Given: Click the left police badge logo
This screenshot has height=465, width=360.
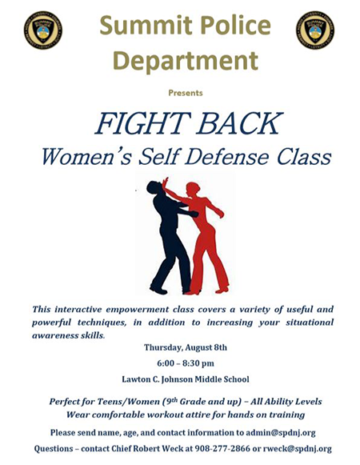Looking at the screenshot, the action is pyautogui.click(x=43, y=30).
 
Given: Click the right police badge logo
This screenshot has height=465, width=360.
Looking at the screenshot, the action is pyautogui.click(x=315, y=30).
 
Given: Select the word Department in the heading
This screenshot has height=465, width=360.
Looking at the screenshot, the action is pyautogui.click(x=186, y=60).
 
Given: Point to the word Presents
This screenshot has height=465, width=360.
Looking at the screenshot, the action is pyautogui.click(x=186, y=93).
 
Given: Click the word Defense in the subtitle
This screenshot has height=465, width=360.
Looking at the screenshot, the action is pyautogui.click(x=226, y=156).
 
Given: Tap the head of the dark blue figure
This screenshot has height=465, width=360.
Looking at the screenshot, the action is pyautogui.click(x=154, y=187).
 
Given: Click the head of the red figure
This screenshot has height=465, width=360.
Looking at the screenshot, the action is pyautogui.click(x=193, y=189).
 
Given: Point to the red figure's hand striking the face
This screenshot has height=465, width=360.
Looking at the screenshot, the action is pyautogui.click(x=165, y=182).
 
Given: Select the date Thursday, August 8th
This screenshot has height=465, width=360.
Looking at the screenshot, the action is pyautogui.click(x=186, y=347).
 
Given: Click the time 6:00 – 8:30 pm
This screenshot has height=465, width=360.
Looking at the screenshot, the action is pyautogui.click(x=186, y=363).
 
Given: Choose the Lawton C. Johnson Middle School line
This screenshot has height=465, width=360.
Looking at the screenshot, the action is pyautogui.click(x=186, y=379).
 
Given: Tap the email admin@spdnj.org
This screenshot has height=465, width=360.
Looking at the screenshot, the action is pyautogui.click(x=281, y=433).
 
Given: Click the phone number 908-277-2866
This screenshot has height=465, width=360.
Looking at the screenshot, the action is pyautogui.click(x=222, y=448).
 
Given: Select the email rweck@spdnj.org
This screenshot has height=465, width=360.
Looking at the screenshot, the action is pyautogui.click(x=298, y=449).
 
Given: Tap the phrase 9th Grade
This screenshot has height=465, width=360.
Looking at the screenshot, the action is pyautogui.click(x=186, y=401).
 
